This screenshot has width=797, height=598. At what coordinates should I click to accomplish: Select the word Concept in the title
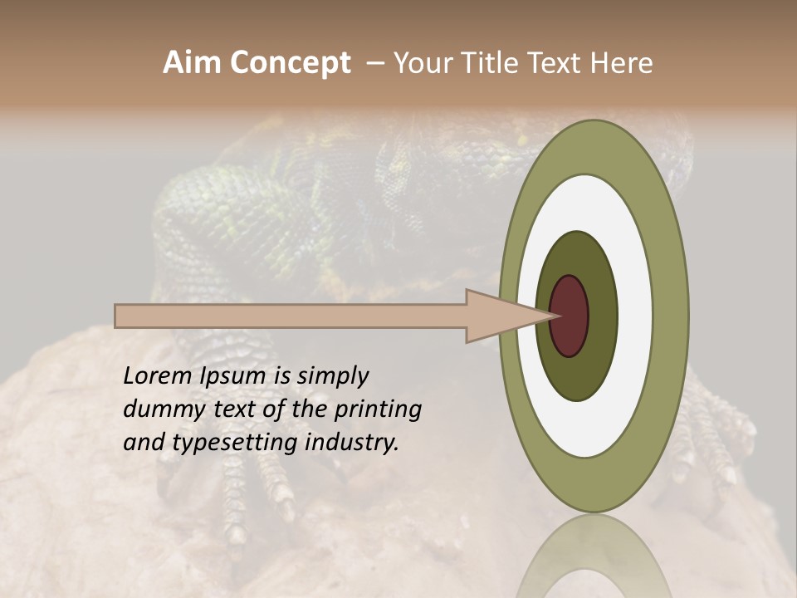290,63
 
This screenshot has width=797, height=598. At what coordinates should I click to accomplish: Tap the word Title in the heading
487,63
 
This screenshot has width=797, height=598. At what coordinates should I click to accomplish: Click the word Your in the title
421,63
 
